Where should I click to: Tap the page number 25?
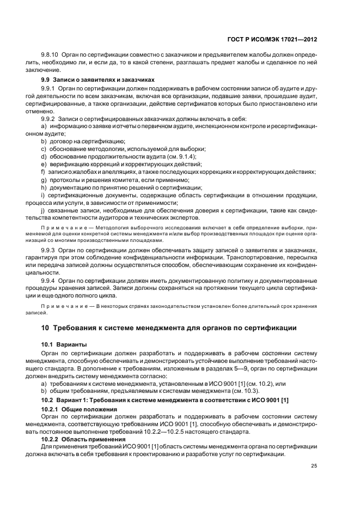314,465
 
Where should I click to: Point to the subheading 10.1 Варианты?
64,345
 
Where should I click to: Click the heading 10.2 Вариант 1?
165,400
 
